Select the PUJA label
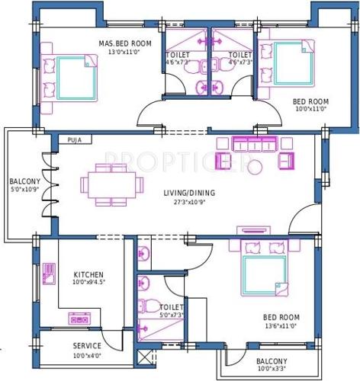(x=74, y=140)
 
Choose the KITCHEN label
(x=88, y=274)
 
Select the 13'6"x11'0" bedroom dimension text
(x=281, y=326)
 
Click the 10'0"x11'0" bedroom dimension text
(x=310, y=109)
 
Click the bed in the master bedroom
(x=69, y=75)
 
